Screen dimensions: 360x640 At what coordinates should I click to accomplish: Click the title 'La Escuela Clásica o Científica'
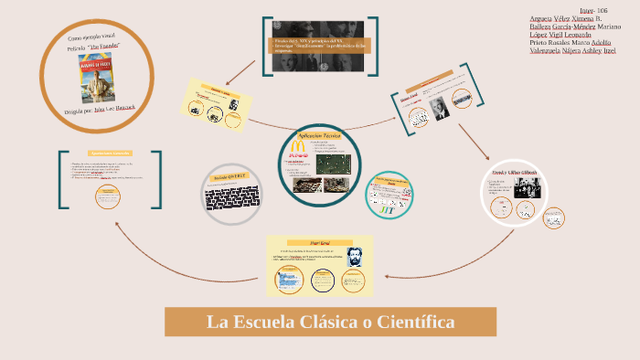(x=330, y=322)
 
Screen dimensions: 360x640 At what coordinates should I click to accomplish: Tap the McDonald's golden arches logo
(x=296, y=145)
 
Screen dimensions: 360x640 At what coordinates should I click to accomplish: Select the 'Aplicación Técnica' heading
(x=319, y=134)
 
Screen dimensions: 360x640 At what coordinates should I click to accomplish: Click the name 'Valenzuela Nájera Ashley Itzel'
(x=572, y=50)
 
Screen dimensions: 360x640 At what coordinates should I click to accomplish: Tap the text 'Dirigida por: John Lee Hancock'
(x=98, y=107)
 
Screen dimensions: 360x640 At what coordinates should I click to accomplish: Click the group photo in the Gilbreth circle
(x=526, y=187)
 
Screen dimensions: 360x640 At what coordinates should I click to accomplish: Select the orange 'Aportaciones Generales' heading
(x=111, y=153)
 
